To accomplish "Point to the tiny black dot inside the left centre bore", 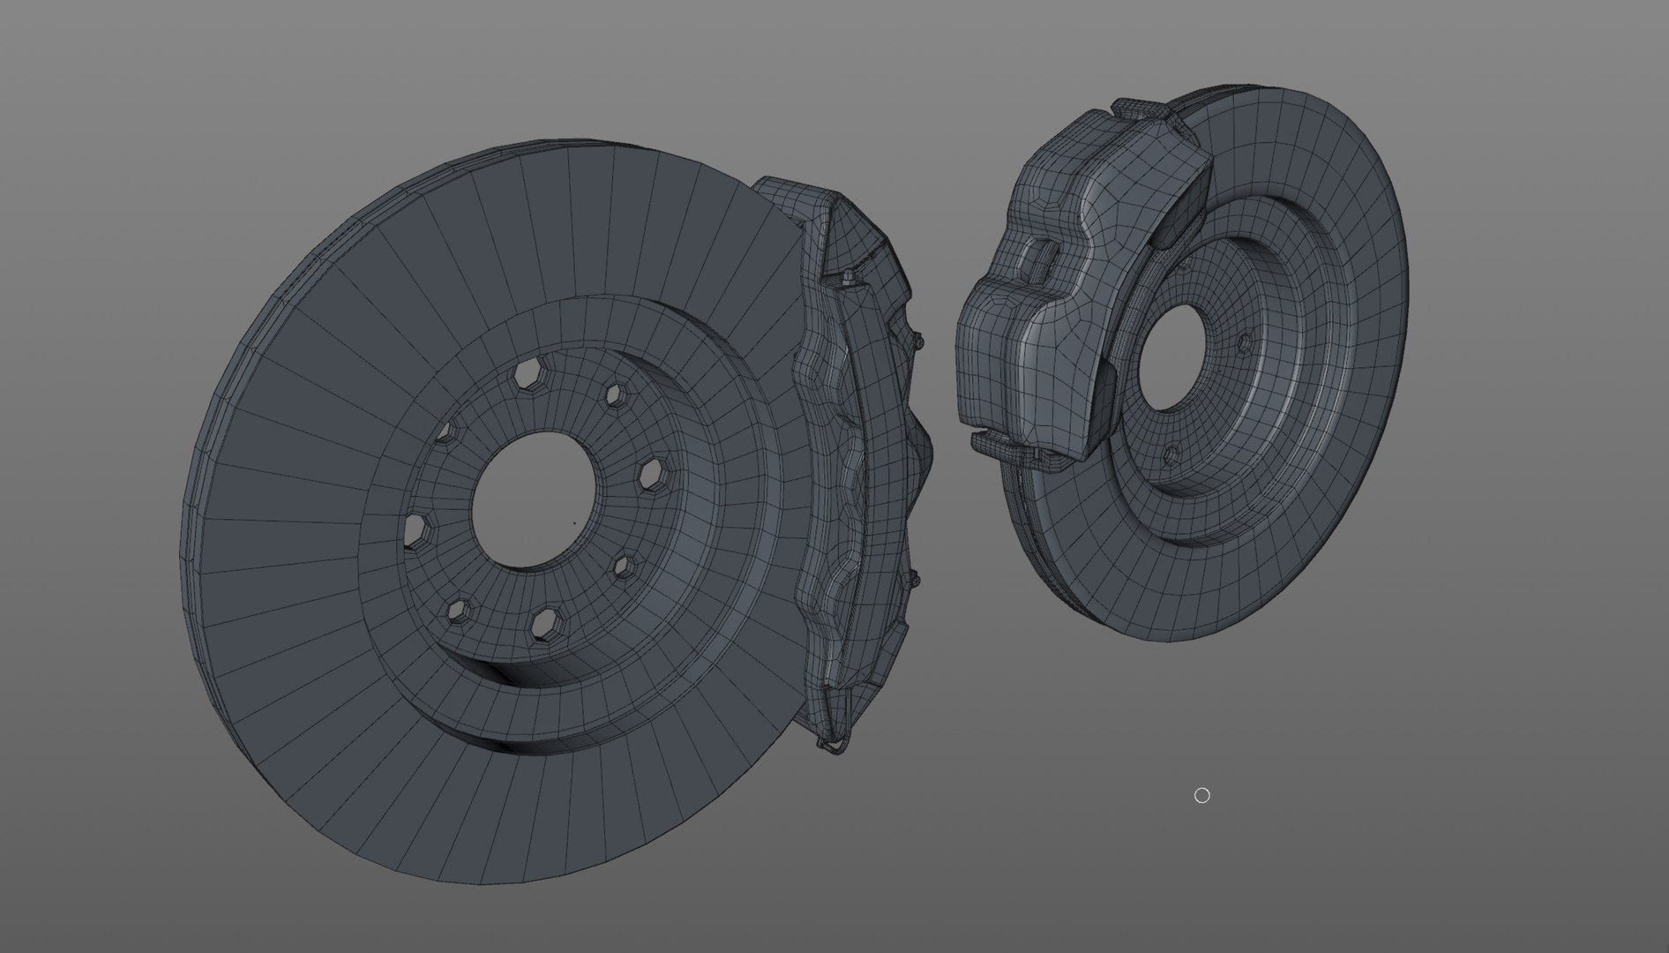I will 574,522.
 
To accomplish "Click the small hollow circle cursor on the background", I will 1201,796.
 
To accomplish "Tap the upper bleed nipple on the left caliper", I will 917,340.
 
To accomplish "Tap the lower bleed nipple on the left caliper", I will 914,579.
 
